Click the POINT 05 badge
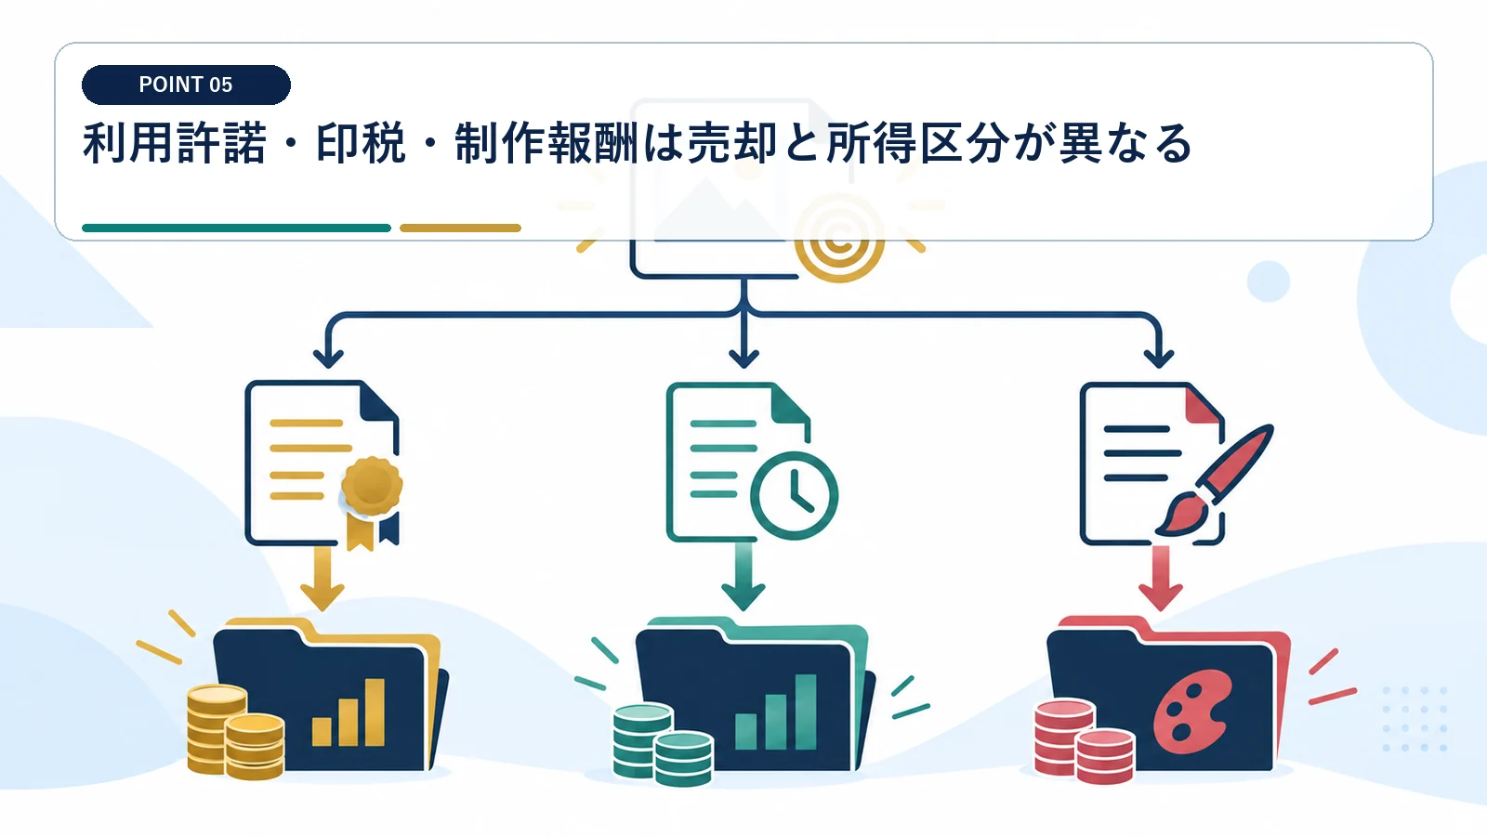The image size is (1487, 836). coord(186,85)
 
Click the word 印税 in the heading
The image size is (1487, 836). coord(361,143)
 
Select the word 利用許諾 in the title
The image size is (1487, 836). coord(175,143)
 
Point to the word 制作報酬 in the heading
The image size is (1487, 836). coord(546,143)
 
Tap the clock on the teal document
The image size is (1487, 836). coord(794,495)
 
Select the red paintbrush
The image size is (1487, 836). coord(1214,480)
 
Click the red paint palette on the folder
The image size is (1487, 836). coord(1192,705)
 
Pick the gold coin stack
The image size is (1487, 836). coord(236,732)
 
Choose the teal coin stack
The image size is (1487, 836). coord(663,744)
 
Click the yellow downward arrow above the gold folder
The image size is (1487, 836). coord(322,577)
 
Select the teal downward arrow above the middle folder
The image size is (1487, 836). coord(743,576)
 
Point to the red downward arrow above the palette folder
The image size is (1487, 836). coord(1161,578)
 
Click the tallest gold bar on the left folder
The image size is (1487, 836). coord(375,712)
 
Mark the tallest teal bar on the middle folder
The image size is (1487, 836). coord(806,712)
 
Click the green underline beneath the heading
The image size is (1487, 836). coord(236,228)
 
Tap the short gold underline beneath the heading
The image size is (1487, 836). coord(460,228)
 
